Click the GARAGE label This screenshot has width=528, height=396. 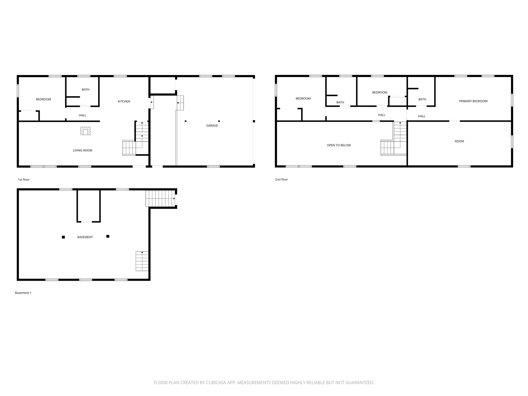212,126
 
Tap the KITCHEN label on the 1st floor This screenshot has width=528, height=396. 124,101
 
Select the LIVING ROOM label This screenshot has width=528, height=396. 82,150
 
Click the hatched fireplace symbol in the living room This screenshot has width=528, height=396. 85,131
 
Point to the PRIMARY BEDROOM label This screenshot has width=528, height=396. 473,101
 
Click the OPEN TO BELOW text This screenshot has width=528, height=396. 339,145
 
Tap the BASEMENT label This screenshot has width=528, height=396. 85,237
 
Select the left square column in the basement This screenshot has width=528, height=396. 63,237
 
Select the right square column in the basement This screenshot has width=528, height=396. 108,236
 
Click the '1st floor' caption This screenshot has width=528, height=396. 24,179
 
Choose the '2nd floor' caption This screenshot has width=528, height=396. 281,179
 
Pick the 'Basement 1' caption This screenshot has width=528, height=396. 23,293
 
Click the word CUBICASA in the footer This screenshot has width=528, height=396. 216,383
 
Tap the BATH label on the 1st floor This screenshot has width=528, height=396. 86,89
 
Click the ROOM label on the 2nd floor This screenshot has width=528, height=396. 459,141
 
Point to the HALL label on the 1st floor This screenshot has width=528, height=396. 82,115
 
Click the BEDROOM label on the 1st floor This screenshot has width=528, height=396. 43,99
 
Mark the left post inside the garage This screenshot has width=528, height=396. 186,121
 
